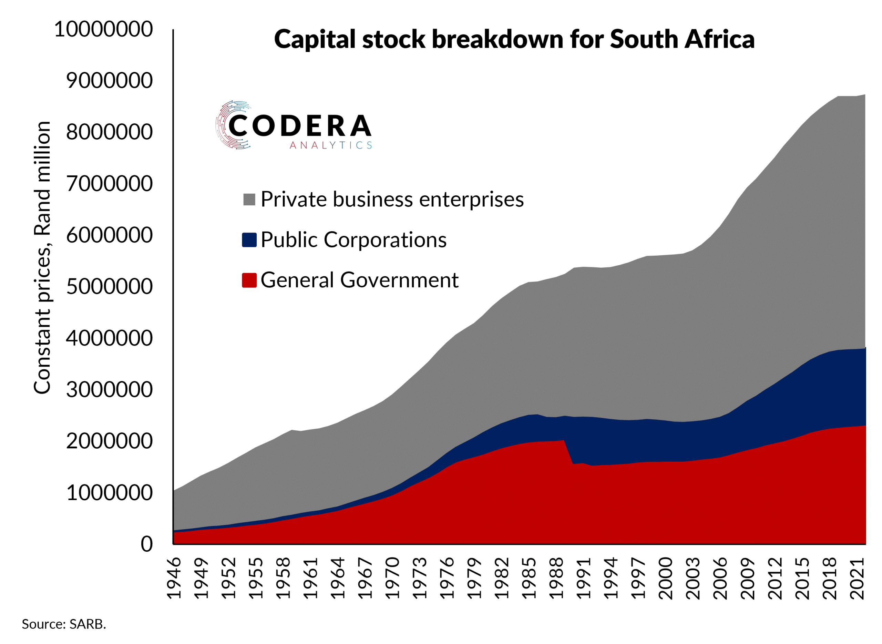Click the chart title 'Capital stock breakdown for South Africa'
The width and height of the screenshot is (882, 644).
[x=514, y=39]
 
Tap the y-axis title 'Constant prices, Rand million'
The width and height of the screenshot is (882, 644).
[x=42, y=258]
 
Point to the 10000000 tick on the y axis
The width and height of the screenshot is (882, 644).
[x=103, y=29]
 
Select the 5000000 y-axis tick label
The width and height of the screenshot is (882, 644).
[x=109, y=287]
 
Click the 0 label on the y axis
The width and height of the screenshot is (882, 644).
[x=146, y=544]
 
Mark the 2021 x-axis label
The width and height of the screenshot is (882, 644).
[x=857, y=578]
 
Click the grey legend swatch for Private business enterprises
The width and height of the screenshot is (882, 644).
[x=249, y=200]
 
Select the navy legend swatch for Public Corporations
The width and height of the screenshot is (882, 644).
[x=249, y=240]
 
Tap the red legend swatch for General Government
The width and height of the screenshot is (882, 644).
[x=249, y=280]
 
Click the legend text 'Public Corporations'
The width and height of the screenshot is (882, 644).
[x=353, y=240]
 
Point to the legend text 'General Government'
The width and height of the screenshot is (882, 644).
[x=359, y=280]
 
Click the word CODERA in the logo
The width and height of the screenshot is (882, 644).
[x=300, y=125]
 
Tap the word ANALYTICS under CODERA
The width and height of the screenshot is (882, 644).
[x=330, y=145]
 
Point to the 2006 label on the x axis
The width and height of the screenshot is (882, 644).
[x=720, y=578]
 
